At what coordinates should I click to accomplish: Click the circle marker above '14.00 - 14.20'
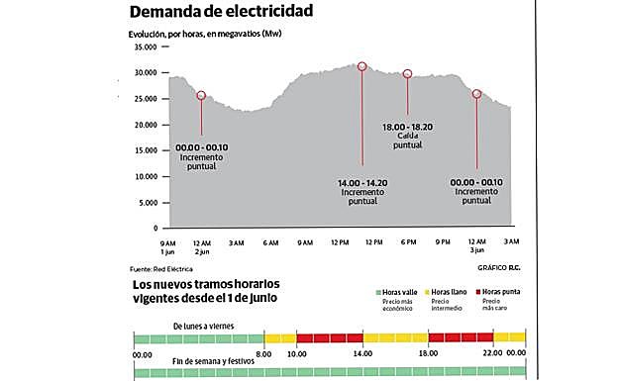(362, 66)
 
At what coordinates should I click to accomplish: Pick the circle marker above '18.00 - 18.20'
(407, 74)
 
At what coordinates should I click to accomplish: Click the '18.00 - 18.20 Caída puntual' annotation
(407, 137)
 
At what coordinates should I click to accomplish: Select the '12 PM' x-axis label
(340, 241)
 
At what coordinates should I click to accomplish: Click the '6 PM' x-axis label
(407, 241)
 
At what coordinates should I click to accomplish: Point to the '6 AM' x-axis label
(271, 241)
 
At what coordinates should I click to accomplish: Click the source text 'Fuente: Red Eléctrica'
(164, 269)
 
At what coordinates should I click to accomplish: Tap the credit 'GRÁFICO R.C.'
(498, 268)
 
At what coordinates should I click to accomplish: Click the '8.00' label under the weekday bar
(263, 353)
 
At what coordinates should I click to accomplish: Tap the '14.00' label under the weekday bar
(362, 353)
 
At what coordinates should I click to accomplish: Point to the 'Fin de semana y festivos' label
(213, 361)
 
